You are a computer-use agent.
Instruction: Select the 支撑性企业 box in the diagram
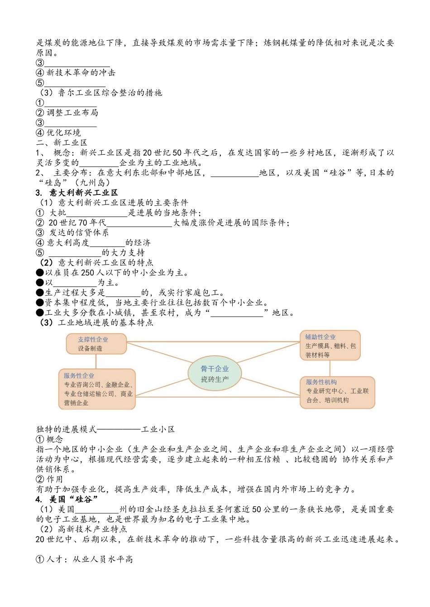(96, 344)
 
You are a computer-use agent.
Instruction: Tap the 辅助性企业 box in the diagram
(330, 346)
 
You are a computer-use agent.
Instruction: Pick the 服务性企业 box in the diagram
(97, 389)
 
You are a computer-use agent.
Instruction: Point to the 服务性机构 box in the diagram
(337, 392)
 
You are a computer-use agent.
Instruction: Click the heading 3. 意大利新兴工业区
(77, 193)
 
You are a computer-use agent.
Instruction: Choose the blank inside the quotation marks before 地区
(237, 313)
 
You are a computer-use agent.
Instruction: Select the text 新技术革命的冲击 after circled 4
(81, 73)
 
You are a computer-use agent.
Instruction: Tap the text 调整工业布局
(72, 113)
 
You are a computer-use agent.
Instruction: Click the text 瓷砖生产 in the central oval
(215, 379)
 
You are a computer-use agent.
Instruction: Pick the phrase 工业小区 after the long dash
(158, 429)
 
